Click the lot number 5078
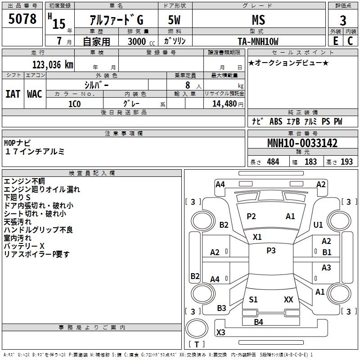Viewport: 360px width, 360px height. pyautogui.click(x=22, y=19)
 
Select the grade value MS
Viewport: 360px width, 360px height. pyautogui.click(x=258, y=20)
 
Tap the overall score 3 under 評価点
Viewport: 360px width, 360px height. pyautogui.click(x=343, y=20)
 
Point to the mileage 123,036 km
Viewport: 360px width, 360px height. pyautogui.click(x=53, y=65)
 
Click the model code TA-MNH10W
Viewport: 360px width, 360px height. pyautogui.click(x=258, y=41)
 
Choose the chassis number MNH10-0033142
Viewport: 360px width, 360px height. pyautogui.click(x=302, y=143)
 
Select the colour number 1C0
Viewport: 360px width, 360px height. pyautogui.click(x=75, y=104)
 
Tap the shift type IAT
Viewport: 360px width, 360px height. pyautogui.click(x=13, y=94)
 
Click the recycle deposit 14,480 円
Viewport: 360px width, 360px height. pyautogui.click(x=228, y=104)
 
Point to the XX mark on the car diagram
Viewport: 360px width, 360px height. pyautogui.click(x=288, y=299)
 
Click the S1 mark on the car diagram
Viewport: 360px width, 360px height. pyautogui.click(x=253, y=299)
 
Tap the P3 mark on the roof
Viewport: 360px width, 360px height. pyautogui.click(x=271, y=250)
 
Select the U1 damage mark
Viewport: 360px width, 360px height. pyautogui.click(x=318, y=225)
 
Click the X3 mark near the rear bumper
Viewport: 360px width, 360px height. pyautogui.click(x=220, y=332)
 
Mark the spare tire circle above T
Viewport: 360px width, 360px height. pyautogui.click(x=197, y=328)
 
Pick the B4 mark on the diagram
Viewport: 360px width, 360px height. pyautogui.click(x=258, y=322)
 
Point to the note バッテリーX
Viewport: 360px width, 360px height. pyautogui.click(x=24, y=246)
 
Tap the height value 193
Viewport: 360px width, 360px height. pyautogui.click(x=346, y=162)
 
